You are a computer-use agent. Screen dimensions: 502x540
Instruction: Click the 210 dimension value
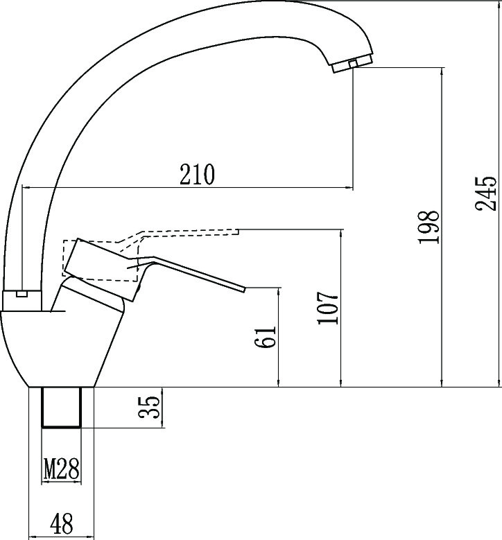pyautogui.click(x=197, y=175)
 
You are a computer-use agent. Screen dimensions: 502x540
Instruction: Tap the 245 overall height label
pyautogui.click(x=486, y=193)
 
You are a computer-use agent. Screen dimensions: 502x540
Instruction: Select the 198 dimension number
pyautogui.click(x=429, y=227)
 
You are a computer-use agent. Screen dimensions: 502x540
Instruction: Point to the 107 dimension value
pyautogui.click(x=328, y=308)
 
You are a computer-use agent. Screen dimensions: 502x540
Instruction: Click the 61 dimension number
pyautogui.click(x=266, y=336)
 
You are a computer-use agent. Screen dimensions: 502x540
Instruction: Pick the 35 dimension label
pyautogui.click(x=149, y=408)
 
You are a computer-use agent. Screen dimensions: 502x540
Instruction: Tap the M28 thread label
pyautogui.click(x=62, y=469)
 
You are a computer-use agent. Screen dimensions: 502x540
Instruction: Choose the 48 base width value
pyautogui.click(x=62, y=523)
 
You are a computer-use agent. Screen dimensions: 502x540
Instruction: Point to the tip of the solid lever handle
pyautogui.click(x=245, y=289)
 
